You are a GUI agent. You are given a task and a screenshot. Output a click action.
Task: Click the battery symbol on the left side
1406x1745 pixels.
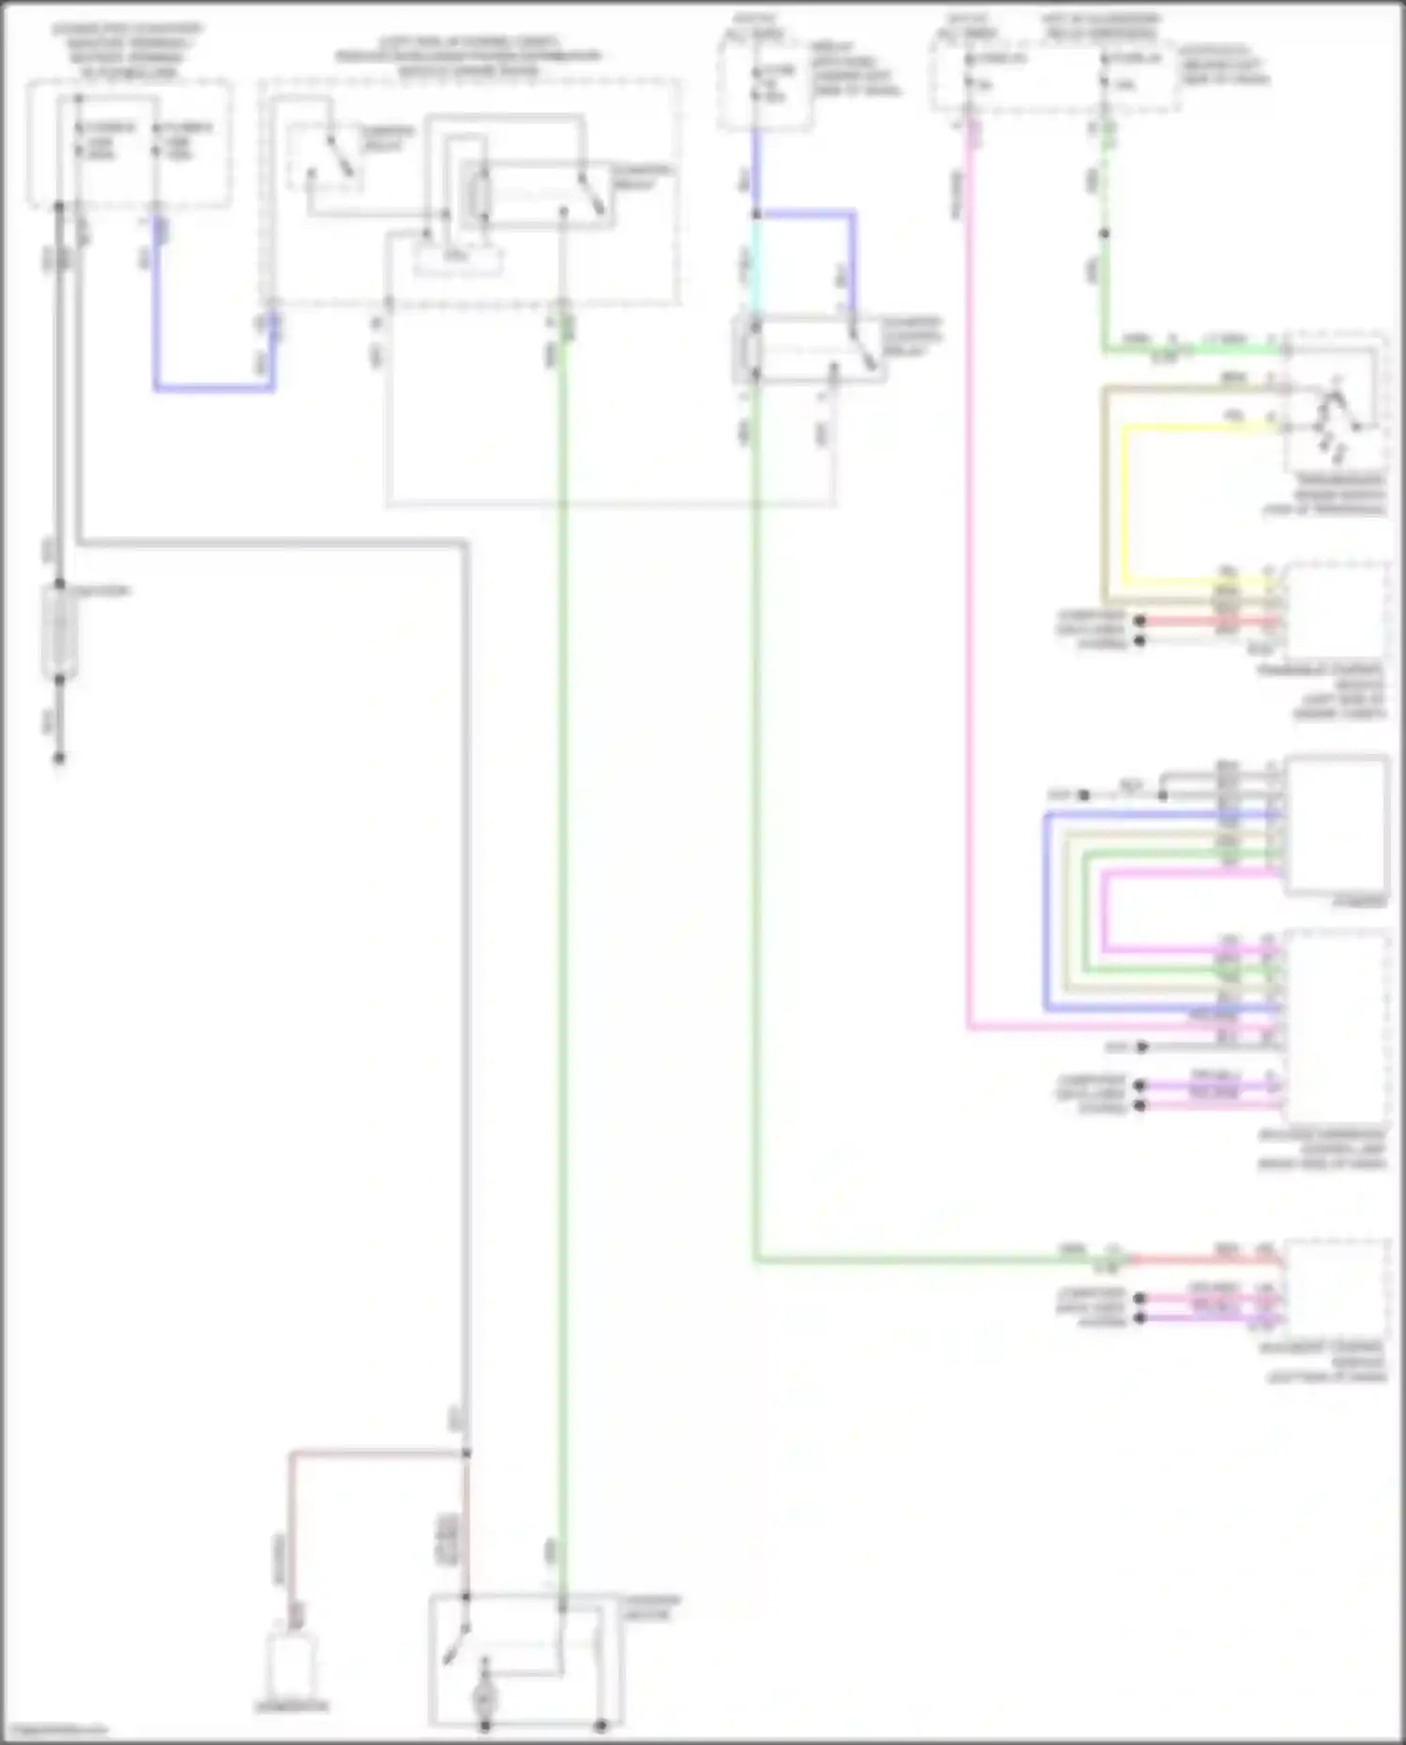point(59,631)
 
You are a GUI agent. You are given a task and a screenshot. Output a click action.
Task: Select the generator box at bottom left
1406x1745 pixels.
point(292,1664)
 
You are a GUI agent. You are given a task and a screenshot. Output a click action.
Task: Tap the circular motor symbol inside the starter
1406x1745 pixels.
point(485,1696)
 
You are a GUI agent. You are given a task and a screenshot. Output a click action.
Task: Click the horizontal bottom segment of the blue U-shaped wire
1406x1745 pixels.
point(214,386)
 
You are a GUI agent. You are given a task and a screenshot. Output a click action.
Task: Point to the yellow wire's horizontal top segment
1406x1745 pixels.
point(1200,428)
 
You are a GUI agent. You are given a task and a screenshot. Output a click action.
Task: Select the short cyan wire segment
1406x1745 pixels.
point(755,267)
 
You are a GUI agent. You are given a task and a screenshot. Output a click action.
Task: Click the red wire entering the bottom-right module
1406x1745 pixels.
point(1209,1260)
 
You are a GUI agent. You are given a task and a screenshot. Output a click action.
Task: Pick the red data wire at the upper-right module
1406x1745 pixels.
point(1209,621)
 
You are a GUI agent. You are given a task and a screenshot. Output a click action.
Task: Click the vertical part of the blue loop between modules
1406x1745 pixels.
point(1046,910)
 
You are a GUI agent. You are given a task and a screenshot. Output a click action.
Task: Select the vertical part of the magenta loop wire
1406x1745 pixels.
point(1104,910)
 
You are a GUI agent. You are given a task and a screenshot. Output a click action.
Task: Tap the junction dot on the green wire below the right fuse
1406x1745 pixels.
point(1104,233)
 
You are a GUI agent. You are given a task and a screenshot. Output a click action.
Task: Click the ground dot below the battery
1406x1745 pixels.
point(59,757)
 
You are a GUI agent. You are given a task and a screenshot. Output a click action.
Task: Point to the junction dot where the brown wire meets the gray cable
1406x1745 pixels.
point(466,1453)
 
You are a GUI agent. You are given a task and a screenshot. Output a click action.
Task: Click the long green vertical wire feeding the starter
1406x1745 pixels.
point(562,938)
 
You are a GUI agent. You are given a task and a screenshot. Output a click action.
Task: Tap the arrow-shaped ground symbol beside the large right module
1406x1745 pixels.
point(1142,1045)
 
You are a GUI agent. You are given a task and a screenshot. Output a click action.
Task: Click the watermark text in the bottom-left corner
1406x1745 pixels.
point(54,1730)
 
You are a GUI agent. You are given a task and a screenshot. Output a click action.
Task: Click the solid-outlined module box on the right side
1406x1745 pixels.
point(1337,824)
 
